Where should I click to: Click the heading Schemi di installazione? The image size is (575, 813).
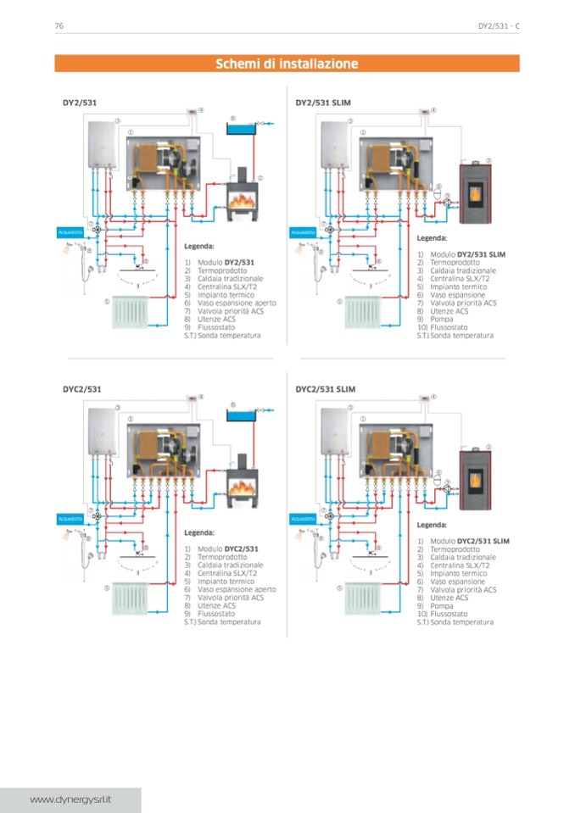coord(287,64)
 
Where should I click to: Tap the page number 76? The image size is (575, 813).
coord(59,26)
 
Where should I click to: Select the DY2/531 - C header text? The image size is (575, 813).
coord(499,26)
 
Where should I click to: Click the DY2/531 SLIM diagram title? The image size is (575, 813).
coord(323,103)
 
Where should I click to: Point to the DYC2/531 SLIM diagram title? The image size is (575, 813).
coord(326,389)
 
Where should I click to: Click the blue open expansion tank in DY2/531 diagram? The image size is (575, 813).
coord(238,130)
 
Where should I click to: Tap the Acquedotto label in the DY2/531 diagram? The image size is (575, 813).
coord(69,231)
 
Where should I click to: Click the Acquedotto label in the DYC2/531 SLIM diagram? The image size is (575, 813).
coord(302,518)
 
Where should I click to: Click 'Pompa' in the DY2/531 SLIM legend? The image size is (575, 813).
coord(441,319)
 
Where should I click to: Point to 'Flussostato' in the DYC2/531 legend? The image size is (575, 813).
coord(216,614)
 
